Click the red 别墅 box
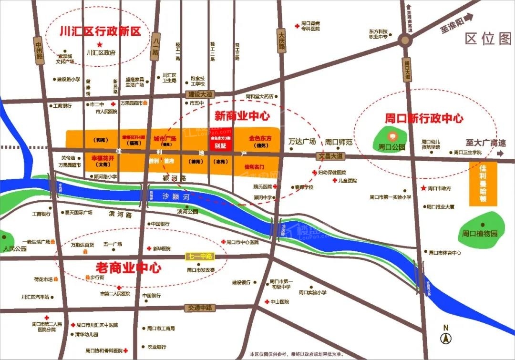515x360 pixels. (x=219, y=145)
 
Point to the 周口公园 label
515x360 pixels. (x=391, y=147)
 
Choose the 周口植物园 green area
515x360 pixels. (x=480, y=234)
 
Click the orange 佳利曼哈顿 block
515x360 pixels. (x=483, y=184)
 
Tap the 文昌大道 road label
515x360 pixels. (x=330, y=156)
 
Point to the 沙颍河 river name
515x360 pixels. (x=173, y=196)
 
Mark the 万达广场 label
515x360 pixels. (x=302, y=142)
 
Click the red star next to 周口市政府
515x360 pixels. (x=423, y=188)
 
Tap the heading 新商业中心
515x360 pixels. (x=242, y=116)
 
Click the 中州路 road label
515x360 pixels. (x=40, y=50)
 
